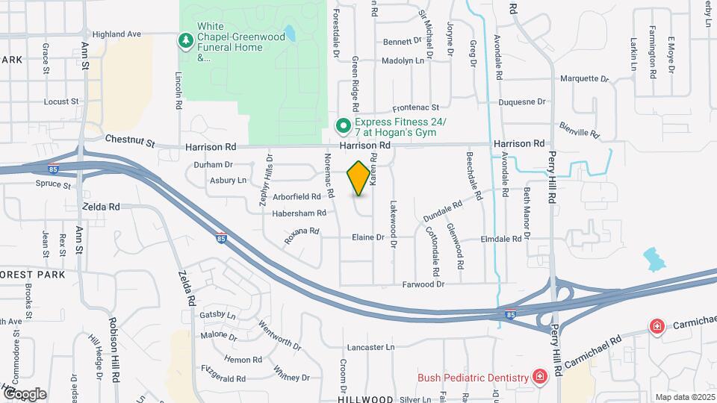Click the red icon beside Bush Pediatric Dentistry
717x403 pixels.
538,378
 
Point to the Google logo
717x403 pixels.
25,393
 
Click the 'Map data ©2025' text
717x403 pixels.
684,397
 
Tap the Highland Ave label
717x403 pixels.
117,34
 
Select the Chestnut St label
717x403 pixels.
129,140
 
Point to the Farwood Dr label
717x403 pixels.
423,284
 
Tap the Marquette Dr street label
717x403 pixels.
584,78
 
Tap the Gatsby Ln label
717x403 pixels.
218,316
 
